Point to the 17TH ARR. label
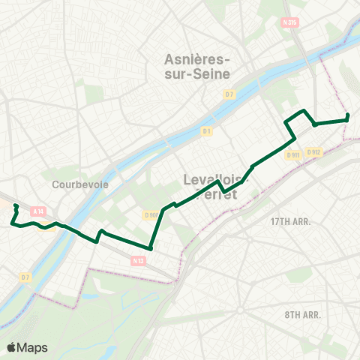[290, 222]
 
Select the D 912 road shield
[313, 152]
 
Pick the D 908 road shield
[151, 214]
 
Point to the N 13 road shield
[137, 260]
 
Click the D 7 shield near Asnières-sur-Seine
[229, 94]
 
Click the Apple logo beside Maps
[11, 347]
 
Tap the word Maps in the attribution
[32, 347]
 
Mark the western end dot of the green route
[16, 205]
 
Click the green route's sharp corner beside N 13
[150, 249]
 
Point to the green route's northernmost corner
[303, 111]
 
